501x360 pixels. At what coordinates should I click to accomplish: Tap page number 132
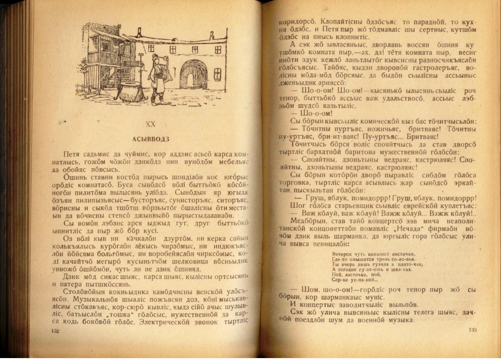click(x=55, y=331)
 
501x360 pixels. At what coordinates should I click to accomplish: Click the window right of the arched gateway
click(x=217, y=74)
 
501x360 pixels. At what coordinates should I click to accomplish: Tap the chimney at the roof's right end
click(x=211, y=36)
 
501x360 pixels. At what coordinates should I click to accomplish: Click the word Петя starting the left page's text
click(x=72, y=154)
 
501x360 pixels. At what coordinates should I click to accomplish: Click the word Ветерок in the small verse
click(x=343, y=254)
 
